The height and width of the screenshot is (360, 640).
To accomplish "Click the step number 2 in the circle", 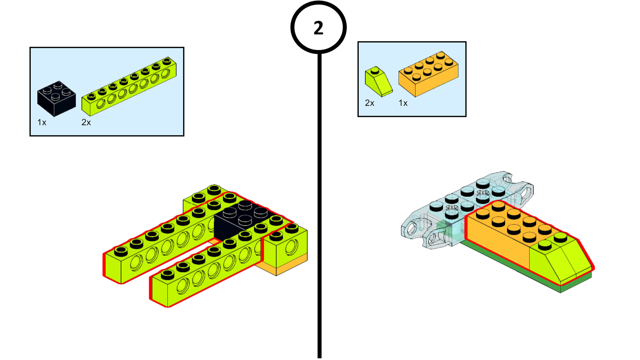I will point(318,28).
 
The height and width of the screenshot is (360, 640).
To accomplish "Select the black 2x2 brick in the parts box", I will point(56,98).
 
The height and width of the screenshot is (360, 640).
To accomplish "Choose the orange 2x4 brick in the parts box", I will point(428,74).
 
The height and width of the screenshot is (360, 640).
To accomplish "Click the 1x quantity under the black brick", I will point(42,122).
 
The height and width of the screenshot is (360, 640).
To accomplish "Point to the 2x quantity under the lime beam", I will point(86,122).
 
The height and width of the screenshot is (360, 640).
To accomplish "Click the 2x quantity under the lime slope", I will point(370,103).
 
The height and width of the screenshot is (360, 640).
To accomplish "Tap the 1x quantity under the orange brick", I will point(403,103).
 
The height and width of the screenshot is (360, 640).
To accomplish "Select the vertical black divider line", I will point(319,200).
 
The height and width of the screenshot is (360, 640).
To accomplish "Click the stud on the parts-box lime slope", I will point(375,70).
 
